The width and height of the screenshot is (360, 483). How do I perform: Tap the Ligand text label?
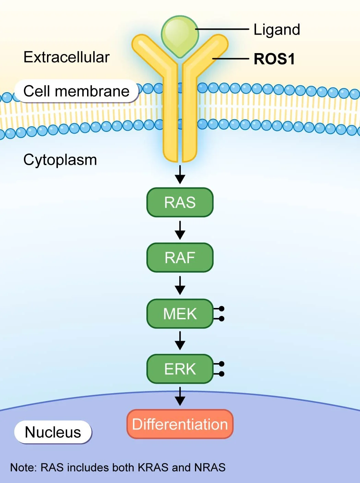click(x=277, y=30)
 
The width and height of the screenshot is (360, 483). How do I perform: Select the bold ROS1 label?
click(x=274, y=59)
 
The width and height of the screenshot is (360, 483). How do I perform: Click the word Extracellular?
click(x=67, y=57)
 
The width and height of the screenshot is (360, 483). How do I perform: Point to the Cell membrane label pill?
click(x=76, y=91)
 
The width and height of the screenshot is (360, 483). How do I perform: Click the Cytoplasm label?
click(x=60, y=160)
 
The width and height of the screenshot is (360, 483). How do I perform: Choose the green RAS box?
click(x=180, y=202)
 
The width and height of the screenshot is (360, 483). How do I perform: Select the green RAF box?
click(x=180, y=258)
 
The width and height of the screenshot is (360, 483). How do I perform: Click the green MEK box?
click(x=180, y=314)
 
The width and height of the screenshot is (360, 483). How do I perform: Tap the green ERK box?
click(x=180, y=369)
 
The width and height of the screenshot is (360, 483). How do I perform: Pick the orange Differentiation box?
click(x=180, y=424)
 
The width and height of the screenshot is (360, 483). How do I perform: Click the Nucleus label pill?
click(x=53, y=432)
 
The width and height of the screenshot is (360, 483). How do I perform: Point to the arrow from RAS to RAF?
click(x=180, y=230)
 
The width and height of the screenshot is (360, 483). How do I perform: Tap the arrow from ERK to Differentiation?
click(x=180, y=396)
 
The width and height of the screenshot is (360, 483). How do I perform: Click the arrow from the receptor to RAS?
click(x=180, y=175)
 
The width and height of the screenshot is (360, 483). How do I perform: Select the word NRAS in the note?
click(x=210, y=468)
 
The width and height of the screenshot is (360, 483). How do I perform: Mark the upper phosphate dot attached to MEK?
click(x=221, y=309)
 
